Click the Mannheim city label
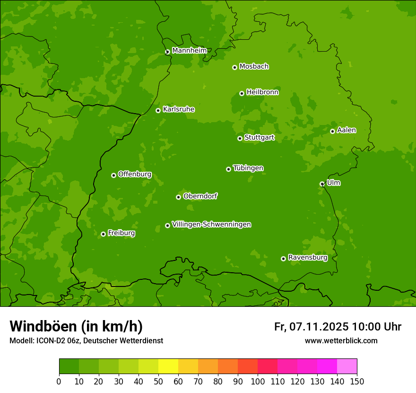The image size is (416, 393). click(189, 50)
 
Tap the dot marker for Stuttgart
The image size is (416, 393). click(240, 138)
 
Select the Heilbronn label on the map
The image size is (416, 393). click(262, 92)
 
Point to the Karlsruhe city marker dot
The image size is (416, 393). click(158, 110)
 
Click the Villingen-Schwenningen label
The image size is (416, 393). click(211, 224)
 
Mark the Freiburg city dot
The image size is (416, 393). click(103, 234)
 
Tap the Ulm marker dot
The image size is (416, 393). click(322, 184)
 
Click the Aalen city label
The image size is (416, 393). click(347, 130)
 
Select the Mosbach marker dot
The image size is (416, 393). click(234, 67)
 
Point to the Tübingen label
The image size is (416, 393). click(248, 168)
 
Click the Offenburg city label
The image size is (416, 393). click(135, 174)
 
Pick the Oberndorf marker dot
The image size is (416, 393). click(178, 197)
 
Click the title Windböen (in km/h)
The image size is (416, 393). click(76, 326)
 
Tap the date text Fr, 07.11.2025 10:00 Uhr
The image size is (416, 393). click(338, 327)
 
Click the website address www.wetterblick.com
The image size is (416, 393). click(341, 340)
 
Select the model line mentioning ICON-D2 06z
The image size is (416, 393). click(86, 340)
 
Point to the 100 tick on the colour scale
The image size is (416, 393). click(258, 381)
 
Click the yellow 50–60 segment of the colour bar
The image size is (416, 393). click(168, 366)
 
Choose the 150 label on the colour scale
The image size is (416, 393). click(357, 381)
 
